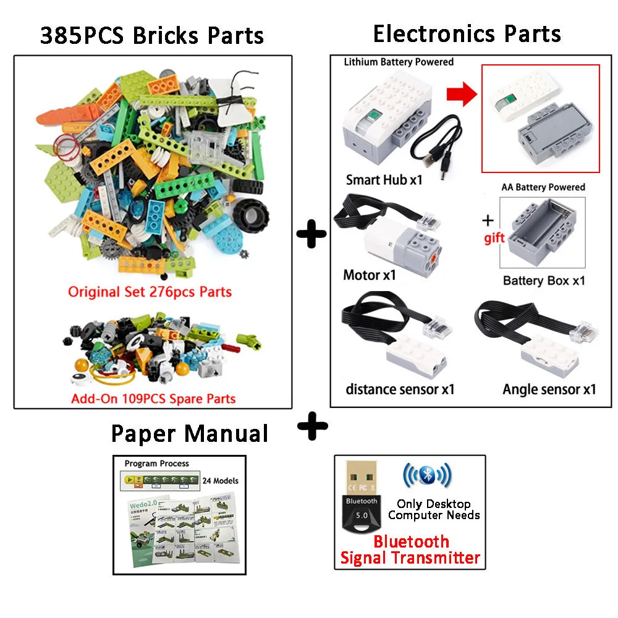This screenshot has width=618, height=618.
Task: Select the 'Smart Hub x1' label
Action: (x=384, y=180)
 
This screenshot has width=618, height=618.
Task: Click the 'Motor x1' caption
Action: (x=370, y=275)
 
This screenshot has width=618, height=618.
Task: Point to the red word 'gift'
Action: (x=494, y=239)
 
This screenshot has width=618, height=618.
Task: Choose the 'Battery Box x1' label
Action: (x=544, y=281)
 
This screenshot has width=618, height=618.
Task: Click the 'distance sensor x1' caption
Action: (x=400, y=389)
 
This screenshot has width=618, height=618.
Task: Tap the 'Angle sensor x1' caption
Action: (x=549, y=389)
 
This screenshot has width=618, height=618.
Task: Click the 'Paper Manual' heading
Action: (x=190, y=433)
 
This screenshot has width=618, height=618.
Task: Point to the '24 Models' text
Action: (x=221, y=480)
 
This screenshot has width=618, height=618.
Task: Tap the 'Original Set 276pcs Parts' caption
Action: (x=150, y=291)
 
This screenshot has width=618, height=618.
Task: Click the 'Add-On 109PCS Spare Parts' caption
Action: (x=153, y=398)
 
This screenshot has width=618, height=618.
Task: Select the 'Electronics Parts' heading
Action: (x=467, y=33)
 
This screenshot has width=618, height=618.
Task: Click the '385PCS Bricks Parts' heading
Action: (x=152, y=35)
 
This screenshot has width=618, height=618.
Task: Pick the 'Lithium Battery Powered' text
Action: (x=399, y=62)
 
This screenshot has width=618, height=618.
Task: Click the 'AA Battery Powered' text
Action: (x=544, y=187)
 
